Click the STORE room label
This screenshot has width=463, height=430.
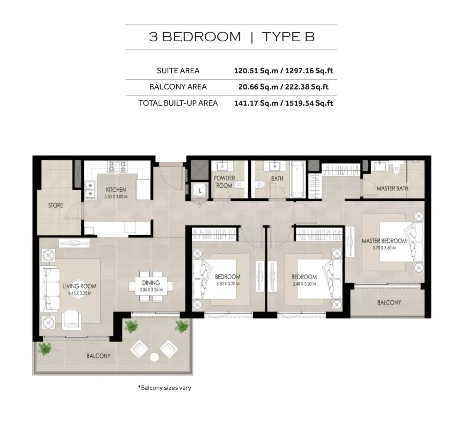[x=55, y=205]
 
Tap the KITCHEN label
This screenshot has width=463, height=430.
[x=116, y=190]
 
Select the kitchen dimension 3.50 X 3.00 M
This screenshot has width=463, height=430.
[x=116, y=196]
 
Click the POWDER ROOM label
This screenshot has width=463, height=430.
[x=224, y=182]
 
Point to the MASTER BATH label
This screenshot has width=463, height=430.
[x=392, y=188]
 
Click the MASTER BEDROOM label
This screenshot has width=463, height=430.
[x=384, y=241]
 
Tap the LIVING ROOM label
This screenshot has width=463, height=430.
[x=79, y=286]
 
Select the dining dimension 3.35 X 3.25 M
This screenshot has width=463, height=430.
[x=150, y=289]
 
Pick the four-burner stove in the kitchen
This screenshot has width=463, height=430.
[x=117, y=166]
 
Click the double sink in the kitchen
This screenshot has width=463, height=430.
[x=90, y=189]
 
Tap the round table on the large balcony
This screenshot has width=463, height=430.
[x=155, y=357]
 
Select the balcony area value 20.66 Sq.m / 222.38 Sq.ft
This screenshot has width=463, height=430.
[x=283, y=87]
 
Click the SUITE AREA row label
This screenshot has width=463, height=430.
[x=178, y=71]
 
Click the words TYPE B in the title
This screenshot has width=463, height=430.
[x=288, y=37]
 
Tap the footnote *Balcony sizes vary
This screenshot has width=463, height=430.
[x=164, y=388]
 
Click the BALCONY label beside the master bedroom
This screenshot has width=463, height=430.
[x=389, y=302]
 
